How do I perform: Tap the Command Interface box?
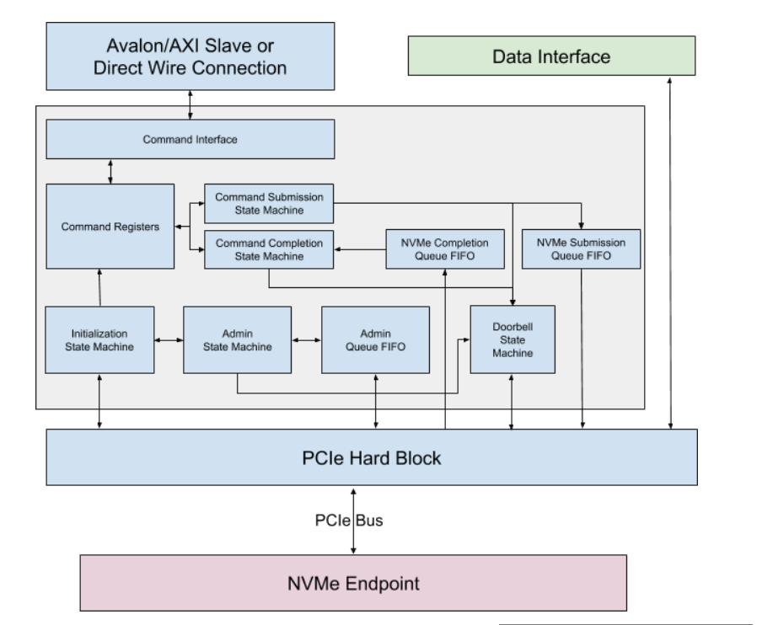(190, 139)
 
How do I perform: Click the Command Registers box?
(110, 227)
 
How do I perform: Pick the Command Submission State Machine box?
(269, 203)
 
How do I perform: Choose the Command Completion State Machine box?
(269, 249)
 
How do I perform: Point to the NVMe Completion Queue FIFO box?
(444, 249)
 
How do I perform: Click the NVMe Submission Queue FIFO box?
(581, 249)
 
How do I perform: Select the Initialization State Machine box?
(99, 339)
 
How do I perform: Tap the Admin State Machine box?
(237, 339)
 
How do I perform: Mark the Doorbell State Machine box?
(512, 339)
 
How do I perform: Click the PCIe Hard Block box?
(371, 457)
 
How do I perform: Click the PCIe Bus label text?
(354, 521)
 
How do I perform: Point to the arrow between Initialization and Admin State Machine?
(169, 340)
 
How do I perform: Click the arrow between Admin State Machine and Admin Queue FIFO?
(306, 340)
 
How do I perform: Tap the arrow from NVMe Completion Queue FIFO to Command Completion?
(360, 249)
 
